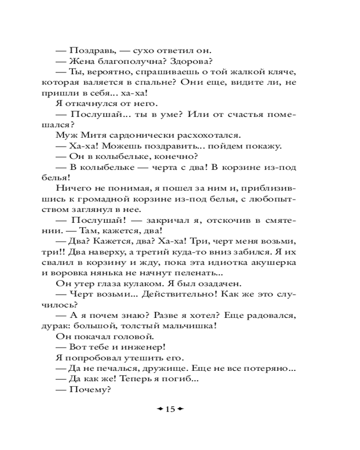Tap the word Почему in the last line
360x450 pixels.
(90, 389)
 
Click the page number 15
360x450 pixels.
(170, 409)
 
